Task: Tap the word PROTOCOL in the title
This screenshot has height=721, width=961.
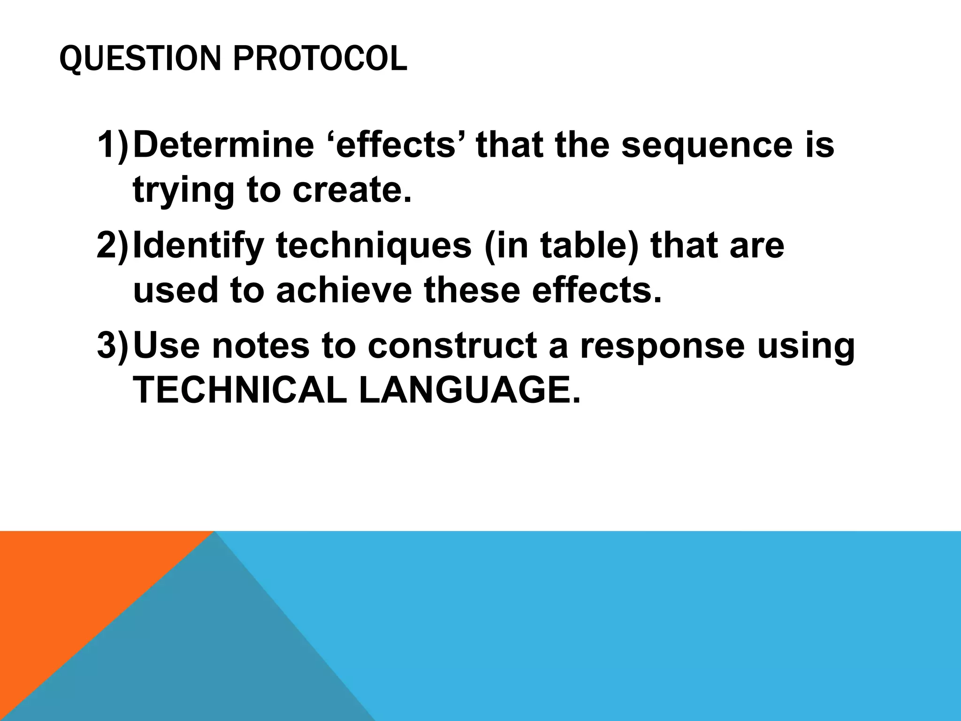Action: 320,59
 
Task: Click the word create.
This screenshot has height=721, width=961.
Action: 351,190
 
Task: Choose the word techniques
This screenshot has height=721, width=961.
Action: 374,246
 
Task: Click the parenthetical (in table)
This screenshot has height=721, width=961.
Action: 561,246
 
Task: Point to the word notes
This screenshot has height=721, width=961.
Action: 261,345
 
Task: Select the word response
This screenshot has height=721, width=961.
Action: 662,345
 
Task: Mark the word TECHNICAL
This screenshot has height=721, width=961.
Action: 240,391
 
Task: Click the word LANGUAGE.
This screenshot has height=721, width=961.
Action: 469,391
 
